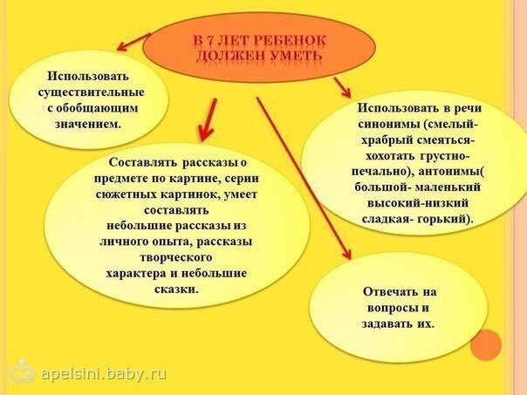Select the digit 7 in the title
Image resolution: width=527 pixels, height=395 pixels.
pyautogui.click(x=209, y=41)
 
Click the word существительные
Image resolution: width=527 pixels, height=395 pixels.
pyautogui.click(x=92, y=92)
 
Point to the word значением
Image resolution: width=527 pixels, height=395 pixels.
pyautogui.click(x=88, y=124)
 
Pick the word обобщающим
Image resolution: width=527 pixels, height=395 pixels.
pyautogui.click(x=97, y=108)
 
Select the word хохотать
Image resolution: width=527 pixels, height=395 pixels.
pyautogui.click(x=391, y=156)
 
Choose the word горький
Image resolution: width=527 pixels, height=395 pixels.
pyautogui.click(x=444, y=220)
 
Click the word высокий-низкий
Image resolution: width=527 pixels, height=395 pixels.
pyautogui.click(x=418, y=203)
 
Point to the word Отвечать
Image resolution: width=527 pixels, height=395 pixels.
pyautogui.click(x=389, y=291)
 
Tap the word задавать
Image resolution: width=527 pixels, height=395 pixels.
pyautogui.click(x=387, y=323)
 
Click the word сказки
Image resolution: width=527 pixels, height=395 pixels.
pyautogui.click(x=176, y=289)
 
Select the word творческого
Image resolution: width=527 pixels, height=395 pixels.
pyautogui.click(x=175, y=257)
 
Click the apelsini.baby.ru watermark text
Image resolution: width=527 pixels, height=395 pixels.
pyautogui.click(x=104, y=373)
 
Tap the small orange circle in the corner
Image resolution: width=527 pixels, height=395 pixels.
pyautogui.click(x=486, y=345)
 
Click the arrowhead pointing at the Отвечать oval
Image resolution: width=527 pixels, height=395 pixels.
pyautogui.click(x=346, y=254)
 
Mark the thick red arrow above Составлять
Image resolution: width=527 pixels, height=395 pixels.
pyautogui.click(x=208, y=119)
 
